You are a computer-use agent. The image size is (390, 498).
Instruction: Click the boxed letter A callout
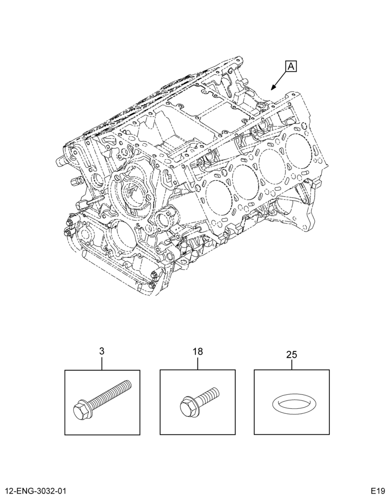(292, 67)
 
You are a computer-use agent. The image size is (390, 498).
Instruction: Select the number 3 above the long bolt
(101, 351)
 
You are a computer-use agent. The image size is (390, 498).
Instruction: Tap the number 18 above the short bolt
(197, 352)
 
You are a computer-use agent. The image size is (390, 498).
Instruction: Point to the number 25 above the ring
(292, 355)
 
